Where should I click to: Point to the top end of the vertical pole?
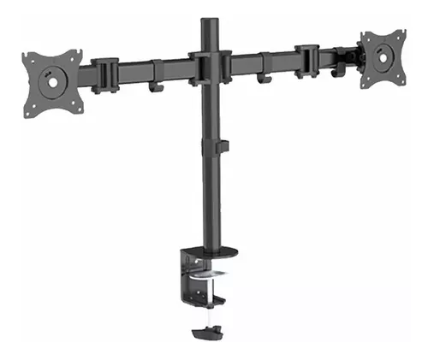click(x=205, y=19)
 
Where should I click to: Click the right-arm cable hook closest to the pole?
click(x=262, y=75)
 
